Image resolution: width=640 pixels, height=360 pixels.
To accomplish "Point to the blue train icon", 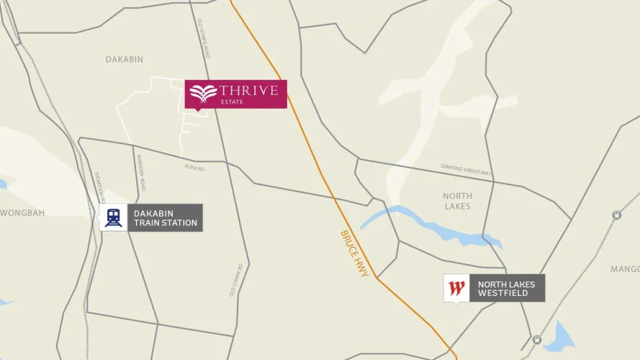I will point(113,217).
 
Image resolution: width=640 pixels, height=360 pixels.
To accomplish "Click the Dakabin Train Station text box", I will point(165,217).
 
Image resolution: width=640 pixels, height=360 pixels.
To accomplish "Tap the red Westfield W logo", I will point(456,288).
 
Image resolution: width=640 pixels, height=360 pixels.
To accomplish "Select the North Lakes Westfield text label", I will point(506,288).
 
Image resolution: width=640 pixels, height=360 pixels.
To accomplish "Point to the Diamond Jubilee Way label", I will point(466,170).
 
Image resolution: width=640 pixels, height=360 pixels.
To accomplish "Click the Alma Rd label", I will point(194,168).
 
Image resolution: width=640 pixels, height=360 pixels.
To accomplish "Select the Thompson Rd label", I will point(100,188).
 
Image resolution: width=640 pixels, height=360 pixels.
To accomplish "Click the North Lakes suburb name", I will point(457,201).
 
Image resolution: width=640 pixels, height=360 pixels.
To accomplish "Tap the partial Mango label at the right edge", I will point(624,269).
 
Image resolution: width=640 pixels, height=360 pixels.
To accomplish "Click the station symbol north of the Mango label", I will point(616,215).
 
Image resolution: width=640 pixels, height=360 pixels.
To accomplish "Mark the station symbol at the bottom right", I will point(536,339).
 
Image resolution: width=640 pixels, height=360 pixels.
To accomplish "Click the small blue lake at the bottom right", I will point(559,336).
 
